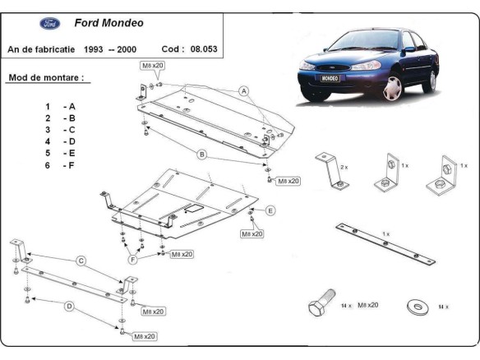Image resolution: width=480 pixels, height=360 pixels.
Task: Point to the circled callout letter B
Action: coord(201,154)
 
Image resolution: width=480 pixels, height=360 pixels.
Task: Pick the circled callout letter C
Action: coord(81,261)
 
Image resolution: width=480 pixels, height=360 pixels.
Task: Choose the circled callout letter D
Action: coord(69,306)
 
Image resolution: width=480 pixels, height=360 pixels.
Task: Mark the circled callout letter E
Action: coord(270,210)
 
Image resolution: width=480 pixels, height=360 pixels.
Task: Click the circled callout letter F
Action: coord(132,260)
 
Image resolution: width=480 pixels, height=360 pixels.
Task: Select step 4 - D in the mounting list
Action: coord(61,141)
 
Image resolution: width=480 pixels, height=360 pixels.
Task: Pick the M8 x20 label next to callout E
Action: coord(252,234)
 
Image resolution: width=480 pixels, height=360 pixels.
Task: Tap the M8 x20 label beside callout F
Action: coord(181,255)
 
